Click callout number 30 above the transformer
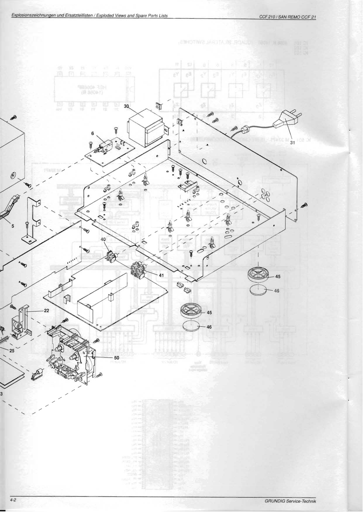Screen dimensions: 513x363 point(126,105)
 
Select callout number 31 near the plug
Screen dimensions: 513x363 point(292,143)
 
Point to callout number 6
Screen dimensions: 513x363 point(92,133)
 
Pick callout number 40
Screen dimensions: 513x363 point(103,239)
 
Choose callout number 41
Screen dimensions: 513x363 point(161,274)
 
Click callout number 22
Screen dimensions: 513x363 point(46,310)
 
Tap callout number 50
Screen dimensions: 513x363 point(117,357)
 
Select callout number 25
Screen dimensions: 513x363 point(12,350)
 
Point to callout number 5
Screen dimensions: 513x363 point(13,226)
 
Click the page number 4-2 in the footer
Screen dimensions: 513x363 point(13,500)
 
